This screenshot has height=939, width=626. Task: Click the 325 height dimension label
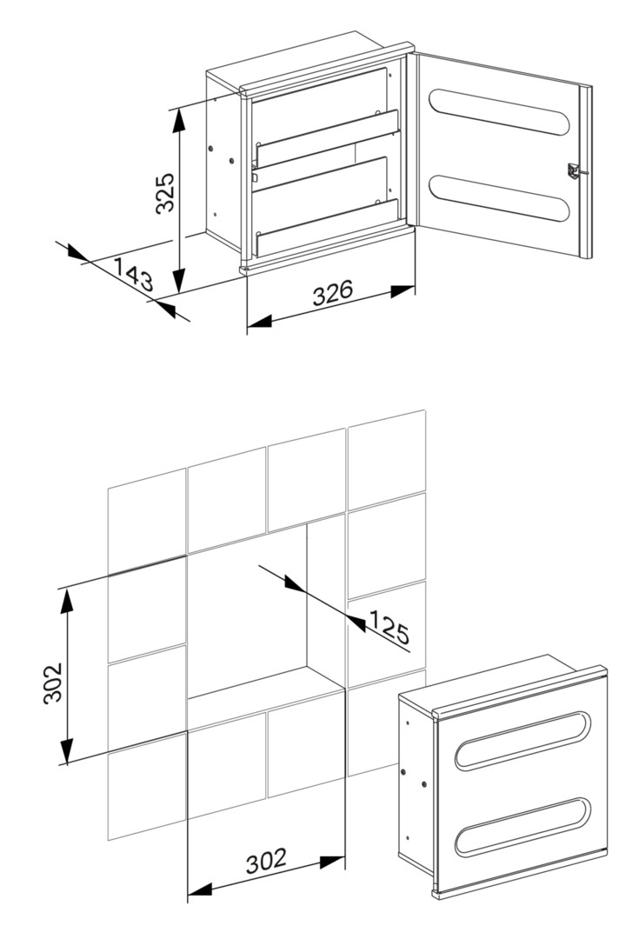164,192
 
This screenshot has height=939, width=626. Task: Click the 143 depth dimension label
134,275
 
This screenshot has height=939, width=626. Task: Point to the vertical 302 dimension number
54,683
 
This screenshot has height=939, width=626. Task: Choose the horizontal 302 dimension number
267,861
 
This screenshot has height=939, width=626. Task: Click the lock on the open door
573,170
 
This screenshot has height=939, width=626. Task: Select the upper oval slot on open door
498,112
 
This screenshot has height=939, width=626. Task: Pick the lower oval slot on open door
498,198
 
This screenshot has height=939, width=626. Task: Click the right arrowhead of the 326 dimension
403,291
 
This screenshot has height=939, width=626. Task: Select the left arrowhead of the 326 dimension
259,322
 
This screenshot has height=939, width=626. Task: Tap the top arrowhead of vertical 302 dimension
67,601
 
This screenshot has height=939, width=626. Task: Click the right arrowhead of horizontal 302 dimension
332,862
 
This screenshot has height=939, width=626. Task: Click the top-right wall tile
386,460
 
